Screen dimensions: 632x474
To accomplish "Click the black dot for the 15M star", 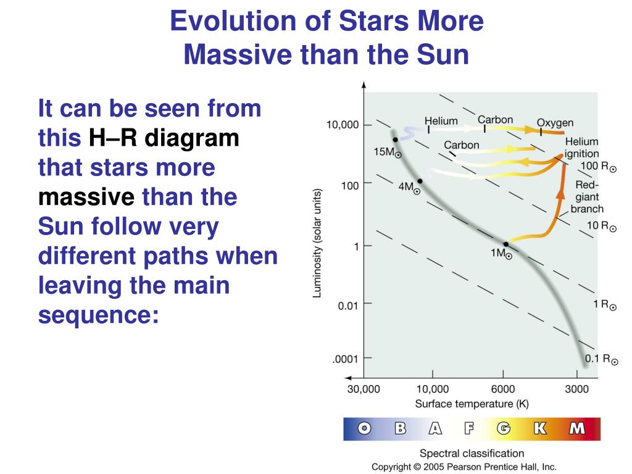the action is [x=396, y=139].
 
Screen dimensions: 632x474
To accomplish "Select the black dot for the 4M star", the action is [x=420, y=181].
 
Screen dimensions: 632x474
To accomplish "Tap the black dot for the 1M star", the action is [x=506, y=244].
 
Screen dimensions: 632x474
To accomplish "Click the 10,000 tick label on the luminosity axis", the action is [x=342, y=125].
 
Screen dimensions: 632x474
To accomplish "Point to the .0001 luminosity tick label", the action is [x=345, y=359].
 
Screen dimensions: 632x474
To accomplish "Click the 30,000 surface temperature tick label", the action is [x=364, y=389].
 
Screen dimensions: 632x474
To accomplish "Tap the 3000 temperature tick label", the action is [x=577, y=389].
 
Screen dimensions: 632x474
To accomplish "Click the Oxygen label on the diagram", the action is [x=555, y=123].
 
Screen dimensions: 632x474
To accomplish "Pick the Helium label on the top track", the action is [x=441, y=121].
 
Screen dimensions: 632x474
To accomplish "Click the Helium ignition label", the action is [x=581, y=148].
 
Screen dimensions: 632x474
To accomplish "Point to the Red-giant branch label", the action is [x=588, y=197].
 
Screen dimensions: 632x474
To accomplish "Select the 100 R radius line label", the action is [x=598, y=167].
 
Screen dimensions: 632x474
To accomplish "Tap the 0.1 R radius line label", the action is [x=601, y=359].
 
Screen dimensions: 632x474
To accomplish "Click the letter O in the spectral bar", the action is [x=364, y=428].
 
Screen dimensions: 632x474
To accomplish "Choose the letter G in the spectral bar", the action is [x=504, y=428].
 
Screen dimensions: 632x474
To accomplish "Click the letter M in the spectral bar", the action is [x=577, y=428].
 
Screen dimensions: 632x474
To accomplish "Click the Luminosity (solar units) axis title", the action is [x=317, y=243].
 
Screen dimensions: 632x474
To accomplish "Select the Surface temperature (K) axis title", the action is [x=472, y=404].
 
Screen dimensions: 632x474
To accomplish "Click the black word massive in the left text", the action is [x=86, y=197].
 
